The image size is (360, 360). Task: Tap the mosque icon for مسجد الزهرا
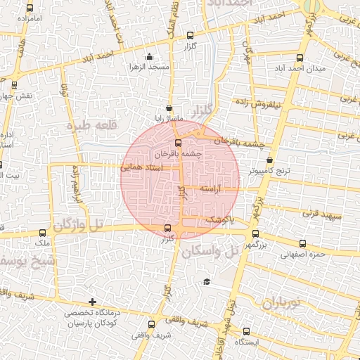click(148, 57)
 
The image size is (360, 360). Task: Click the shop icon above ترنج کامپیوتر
click(270, 160)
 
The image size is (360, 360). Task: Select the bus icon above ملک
click(43, 233)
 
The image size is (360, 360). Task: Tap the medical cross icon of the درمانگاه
click(92, 302)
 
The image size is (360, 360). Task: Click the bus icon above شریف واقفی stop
click(153, 324)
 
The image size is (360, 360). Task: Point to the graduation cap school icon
click(207, 282)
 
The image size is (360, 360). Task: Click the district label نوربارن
click(291, 304)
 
